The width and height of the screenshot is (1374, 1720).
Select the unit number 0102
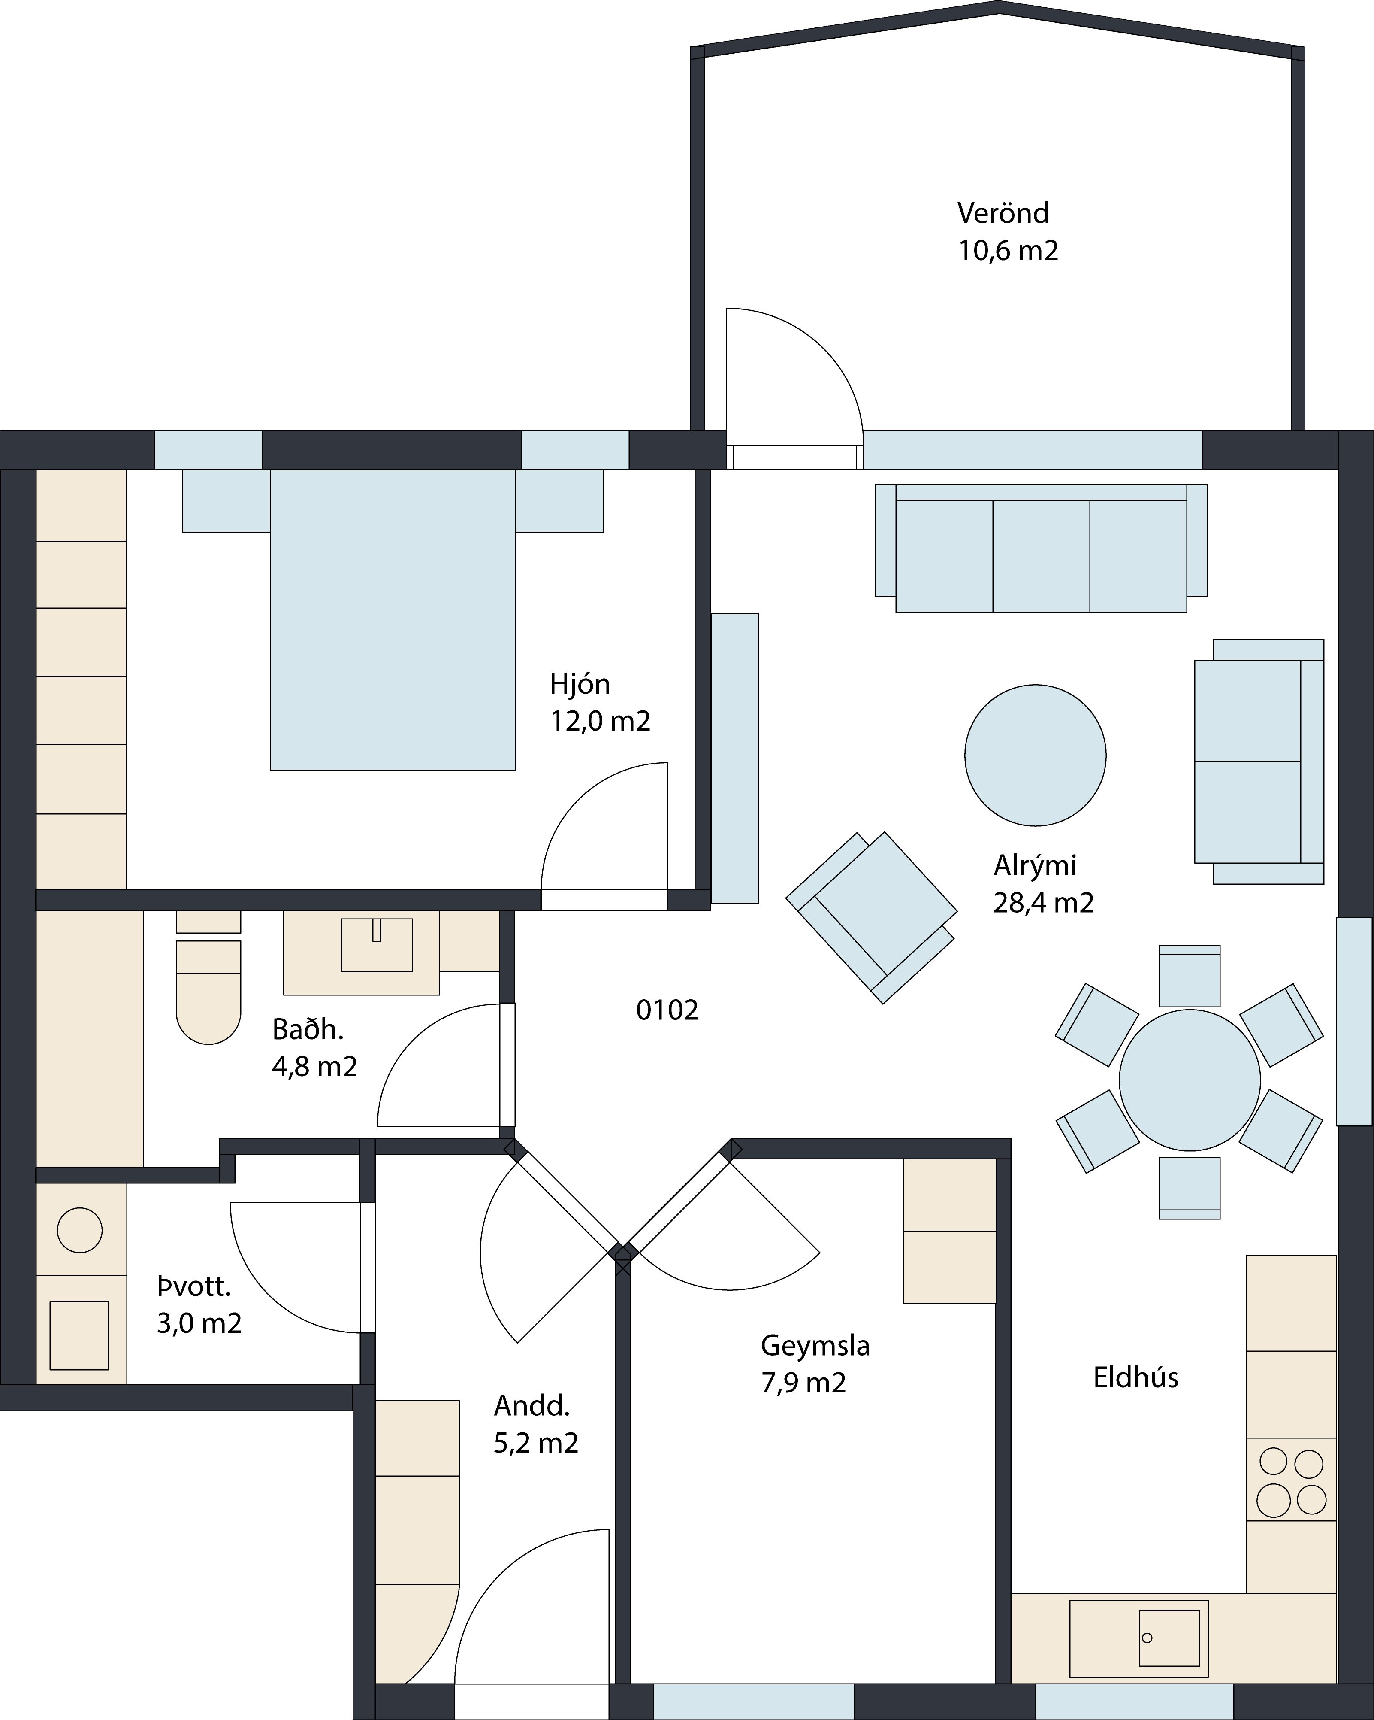coord(667,1010)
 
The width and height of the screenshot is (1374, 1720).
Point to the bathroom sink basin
coord(376,945)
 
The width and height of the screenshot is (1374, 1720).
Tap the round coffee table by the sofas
coord(1035,755)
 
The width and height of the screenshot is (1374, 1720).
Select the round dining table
coord(1190,1080)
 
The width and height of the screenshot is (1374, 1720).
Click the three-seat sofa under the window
coord(1041,548)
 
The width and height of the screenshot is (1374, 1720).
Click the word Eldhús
coord(1135,1378)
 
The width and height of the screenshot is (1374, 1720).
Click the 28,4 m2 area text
coord(1043,902)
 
